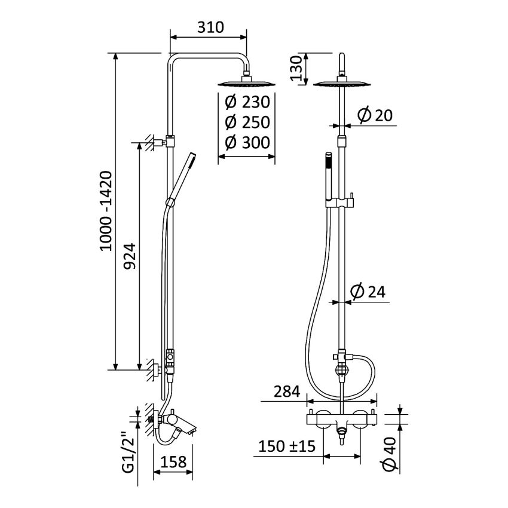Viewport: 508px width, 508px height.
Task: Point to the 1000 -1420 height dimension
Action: (105, 210)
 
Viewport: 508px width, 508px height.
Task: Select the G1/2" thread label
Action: (126, 452)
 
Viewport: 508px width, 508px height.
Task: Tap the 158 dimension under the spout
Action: (174, 462)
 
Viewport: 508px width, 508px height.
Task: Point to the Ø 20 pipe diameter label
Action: (375, 116)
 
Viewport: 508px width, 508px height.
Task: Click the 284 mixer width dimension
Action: (287, 393)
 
